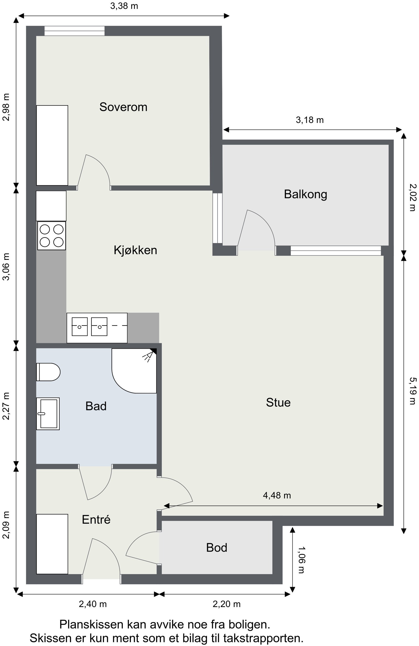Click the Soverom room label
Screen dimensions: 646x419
tap(123, 107)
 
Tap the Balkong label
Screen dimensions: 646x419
tap(305, 194)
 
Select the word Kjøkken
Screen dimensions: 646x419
tap(135, 250)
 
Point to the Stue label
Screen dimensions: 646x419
tap(278, 402)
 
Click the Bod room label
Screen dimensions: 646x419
tap(216, 547)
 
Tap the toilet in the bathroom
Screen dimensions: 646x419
tap(48, 372)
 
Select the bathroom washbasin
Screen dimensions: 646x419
tap(48, 414)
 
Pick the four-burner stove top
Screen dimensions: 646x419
tap(51, 236)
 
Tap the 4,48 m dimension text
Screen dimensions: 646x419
tap(277, 495)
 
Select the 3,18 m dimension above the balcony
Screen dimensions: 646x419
tap(310, 120)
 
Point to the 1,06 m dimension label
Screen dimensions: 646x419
tap(301, 560)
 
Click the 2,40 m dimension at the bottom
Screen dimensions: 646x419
tap(92, 604)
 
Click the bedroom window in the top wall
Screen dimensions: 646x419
tap(74, 31)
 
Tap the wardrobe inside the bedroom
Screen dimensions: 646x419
tap(52, 145)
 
